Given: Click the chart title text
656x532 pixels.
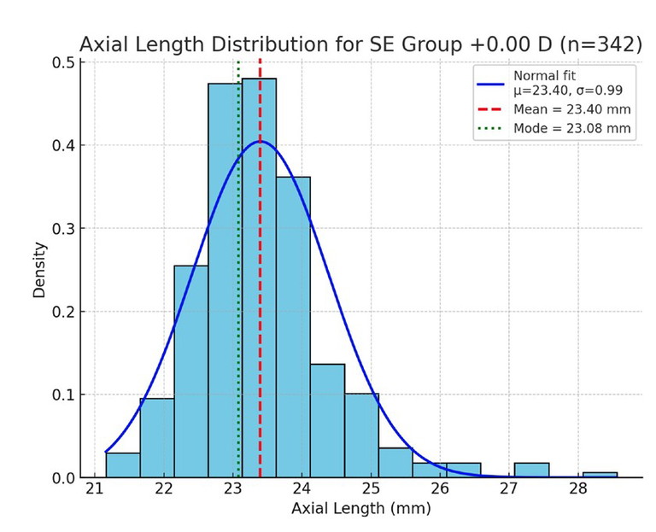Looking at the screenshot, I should click(x=360, y=44).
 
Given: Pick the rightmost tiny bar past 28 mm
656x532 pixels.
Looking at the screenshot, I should click(x=600, y=475).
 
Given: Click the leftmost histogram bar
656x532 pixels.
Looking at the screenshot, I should click(x=123, y=465).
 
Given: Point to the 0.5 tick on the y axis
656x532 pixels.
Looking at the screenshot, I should click(x=65, y=62).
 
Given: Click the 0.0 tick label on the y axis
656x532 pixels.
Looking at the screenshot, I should click(x=65, y=477).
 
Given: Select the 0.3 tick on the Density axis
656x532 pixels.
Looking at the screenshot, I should click(x=65, y=229).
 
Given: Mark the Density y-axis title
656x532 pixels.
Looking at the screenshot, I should click(x=39, y=269).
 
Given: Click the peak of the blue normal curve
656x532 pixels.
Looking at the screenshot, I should click(x=261, y=142).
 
